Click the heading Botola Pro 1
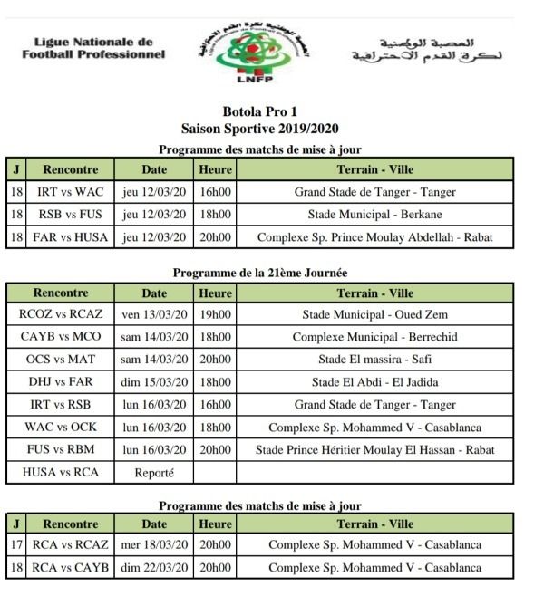[260, 114]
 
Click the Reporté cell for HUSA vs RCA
[154, 472]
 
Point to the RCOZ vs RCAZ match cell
[61, 314]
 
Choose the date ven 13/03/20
[154, 314]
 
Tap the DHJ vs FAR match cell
[61, 382]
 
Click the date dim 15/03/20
[154, 382]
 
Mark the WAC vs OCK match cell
[61, 428]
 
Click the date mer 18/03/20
[154, 545]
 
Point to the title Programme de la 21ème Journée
[260, 273]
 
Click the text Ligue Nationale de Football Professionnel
[93, 48]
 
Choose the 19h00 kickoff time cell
[215, 314]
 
